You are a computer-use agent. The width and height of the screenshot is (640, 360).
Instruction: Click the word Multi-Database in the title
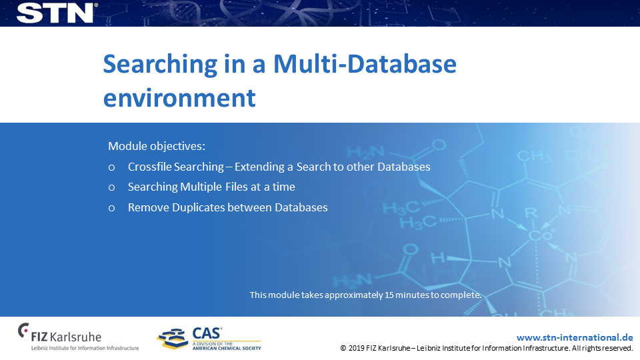tap(365, 64)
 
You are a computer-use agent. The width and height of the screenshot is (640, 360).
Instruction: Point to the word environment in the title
tap(179, 98)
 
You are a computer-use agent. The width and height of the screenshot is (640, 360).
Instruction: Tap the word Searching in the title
tap(160, 65)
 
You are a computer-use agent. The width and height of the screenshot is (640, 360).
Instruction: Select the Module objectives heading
tap(157, 146)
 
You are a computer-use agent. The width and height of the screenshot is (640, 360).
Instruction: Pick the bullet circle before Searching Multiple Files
tap(111, 188)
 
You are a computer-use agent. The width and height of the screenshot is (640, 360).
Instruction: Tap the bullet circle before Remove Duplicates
tap(111, 208)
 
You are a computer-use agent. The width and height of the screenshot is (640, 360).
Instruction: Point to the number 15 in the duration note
tap(389, 295)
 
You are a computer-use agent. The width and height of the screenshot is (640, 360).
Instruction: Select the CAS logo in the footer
tap(209, 338)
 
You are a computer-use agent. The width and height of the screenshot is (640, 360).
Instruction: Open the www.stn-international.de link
tap(575, 337)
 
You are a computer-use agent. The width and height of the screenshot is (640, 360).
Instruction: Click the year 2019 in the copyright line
tap(356, 348)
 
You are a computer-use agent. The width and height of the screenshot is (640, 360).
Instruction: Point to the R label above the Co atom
tap(531, 213)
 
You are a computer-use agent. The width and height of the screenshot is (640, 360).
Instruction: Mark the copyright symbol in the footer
tap(343, 348)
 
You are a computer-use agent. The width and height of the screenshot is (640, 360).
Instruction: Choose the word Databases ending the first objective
tap(404, 167)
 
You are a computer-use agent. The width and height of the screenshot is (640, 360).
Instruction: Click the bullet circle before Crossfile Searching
tap(111, 167)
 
